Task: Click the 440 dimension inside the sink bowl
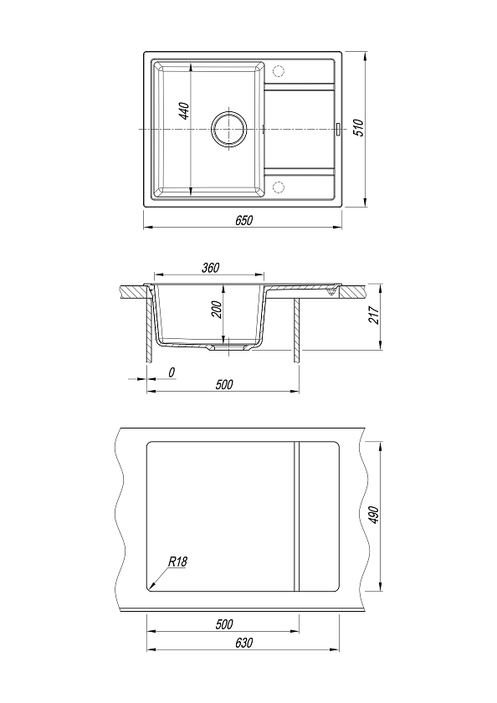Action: (185, 110)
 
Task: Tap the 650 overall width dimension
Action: (244, 221)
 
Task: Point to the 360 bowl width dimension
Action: (210, 268)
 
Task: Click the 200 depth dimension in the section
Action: (217, 310)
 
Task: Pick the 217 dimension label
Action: (374, 316)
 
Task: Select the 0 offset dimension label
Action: (172, 372)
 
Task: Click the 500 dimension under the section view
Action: (224, 384)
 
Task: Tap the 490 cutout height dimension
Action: (374, 516)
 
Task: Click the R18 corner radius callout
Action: (177, 562)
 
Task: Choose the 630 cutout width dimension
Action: (243, 643)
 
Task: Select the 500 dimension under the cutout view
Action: (224, 624)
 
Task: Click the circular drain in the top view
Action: (229, 129)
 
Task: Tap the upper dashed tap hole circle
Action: (279, 71)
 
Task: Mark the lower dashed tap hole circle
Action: (279, 187)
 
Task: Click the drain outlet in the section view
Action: (229, 347)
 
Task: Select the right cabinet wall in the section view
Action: (297, 330)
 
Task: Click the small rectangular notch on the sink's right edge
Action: (339, 129)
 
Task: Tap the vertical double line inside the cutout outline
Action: (296, 516)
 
